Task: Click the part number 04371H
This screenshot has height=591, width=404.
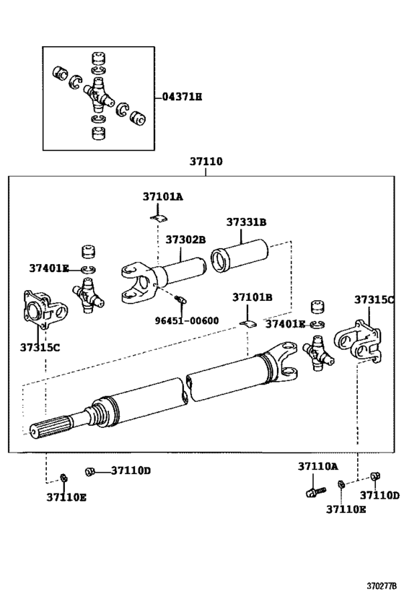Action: [x=182, y=96]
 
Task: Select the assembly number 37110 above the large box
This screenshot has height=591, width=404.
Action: [x=206, y=163]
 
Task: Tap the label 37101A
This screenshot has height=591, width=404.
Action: [x=162, y=196]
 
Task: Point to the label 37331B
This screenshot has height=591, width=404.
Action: [x=246, y=222]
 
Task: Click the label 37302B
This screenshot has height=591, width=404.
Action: [x=185, y=240]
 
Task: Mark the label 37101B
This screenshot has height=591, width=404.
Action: [x=252, y=297]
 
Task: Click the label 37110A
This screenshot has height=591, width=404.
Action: [x=317, y=467]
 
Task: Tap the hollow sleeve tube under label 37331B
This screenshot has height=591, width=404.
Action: [x=240, y=256]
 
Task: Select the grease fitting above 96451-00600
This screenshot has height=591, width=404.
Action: [x=180, y=298]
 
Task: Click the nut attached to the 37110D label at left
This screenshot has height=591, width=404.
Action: [x=90, y=471]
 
